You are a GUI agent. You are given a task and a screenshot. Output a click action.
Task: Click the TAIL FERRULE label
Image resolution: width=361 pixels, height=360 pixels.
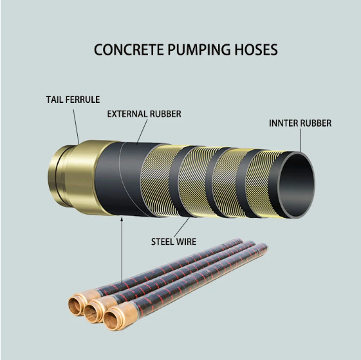(72, 100)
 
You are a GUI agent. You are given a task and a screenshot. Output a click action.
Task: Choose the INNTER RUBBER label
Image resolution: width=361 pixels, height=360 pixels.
(299, 123)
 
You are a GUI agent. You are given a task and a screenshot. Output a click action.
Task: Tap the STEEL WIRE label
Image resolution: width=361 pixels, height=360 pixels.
(174, 242)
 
